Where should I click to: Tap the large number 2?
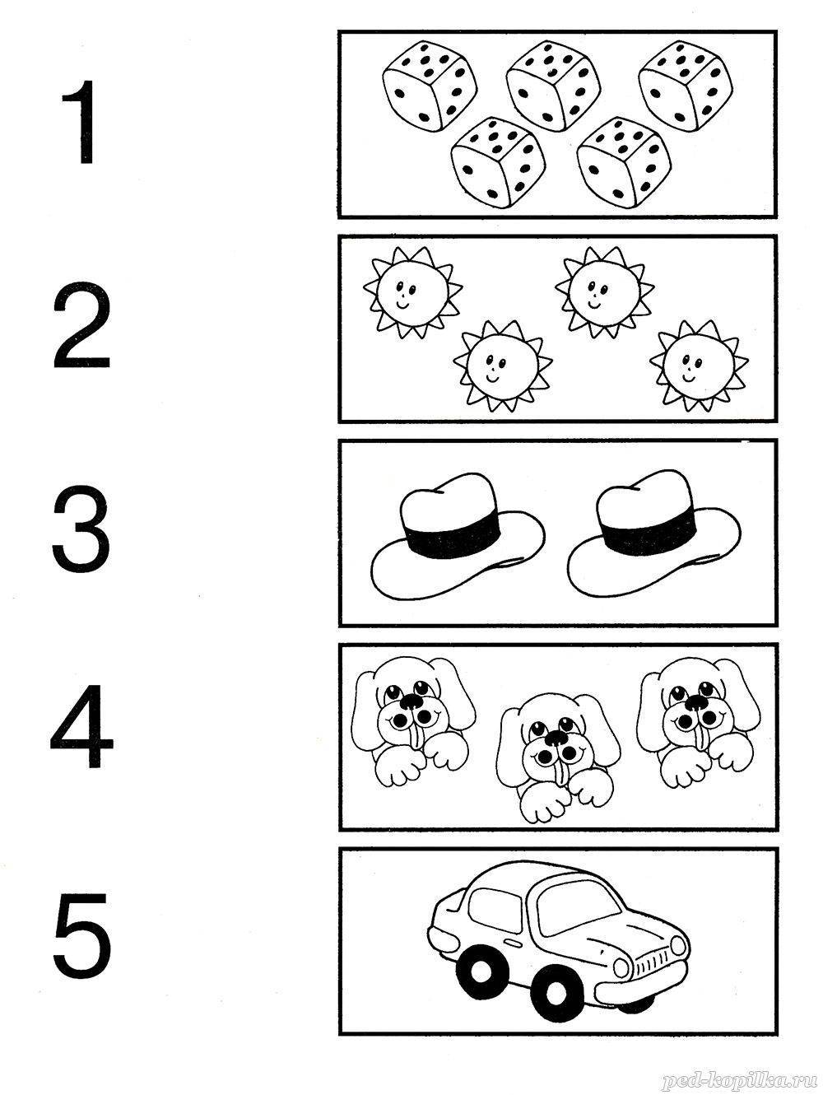[x=81, y=324]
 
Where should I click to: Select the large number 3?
[x=81, y=529]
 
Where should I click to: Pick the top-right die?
[x=686, y=86]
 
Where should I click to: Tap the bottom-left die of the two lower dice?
[x=497, y=162]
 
